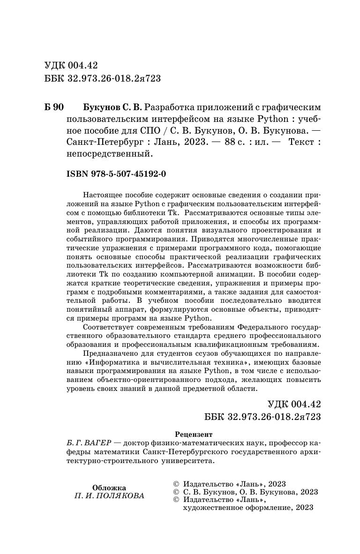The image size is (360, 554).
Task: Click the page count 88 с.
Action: tap(236, 141)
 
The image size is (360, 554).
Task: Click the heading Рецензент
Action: tap(193, 434)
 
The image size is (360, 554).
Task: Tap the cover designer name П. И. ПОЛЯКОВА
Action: tap(109, 496)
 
